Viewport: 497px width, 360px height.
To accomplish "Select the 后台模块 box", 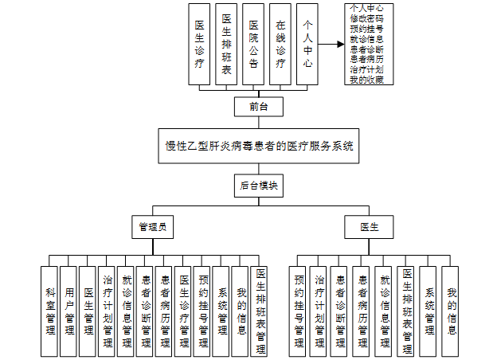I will [x=258, y=186].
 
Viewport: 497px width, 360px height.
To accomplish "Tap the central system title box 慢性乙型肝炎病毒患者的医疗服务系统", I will [x=259, y=147].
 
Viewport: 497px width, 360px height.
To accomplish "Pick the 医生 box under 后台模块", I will [x=369, y=227].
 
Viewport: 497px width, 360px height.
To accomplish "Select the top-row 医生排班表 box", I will [x=226, y=44].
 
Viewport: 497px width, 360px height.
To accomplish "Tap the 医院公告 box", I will [x=253, y=44].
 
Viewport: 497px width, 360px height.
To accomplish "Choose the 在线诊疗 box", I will [x=280, y=44].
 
